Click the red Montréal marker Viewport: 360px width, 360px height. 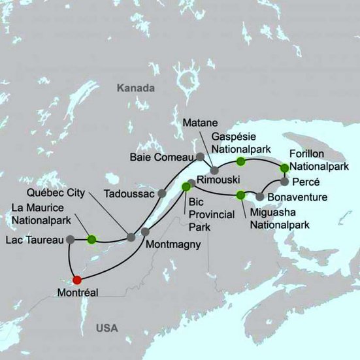click(77, 280)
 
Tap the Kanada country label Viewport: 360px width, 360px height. click(135, 88)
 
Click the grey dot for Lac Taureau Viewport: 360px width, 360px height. click(69, 240)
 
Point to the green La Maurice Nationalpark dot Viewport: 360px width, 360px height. click(91, 239)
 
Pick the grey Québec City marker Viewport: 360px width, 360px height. click(131, 237)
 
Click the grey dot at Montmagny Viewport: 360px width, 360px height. click(145, 231)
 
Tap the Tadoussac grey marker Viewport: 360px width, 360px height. click(161, 193)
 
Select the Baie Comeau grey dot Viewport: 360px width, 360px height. click(201, 156)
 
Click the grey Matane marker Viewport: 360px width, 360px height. click(214, 171)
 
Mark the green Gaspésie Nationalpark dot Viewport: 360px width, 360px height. click(241, 161)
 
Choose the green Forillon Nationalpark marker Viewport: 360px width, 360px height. click(284, 168)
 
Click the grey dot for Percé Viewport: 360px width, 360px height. click(284, 181)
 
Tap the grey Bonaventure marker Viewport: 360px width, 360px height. click(260, 196)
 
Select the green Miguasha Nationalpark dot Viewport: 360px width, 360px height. click(240, 194)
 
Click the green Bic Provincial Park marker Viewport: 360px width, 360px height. click(186, 187)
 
